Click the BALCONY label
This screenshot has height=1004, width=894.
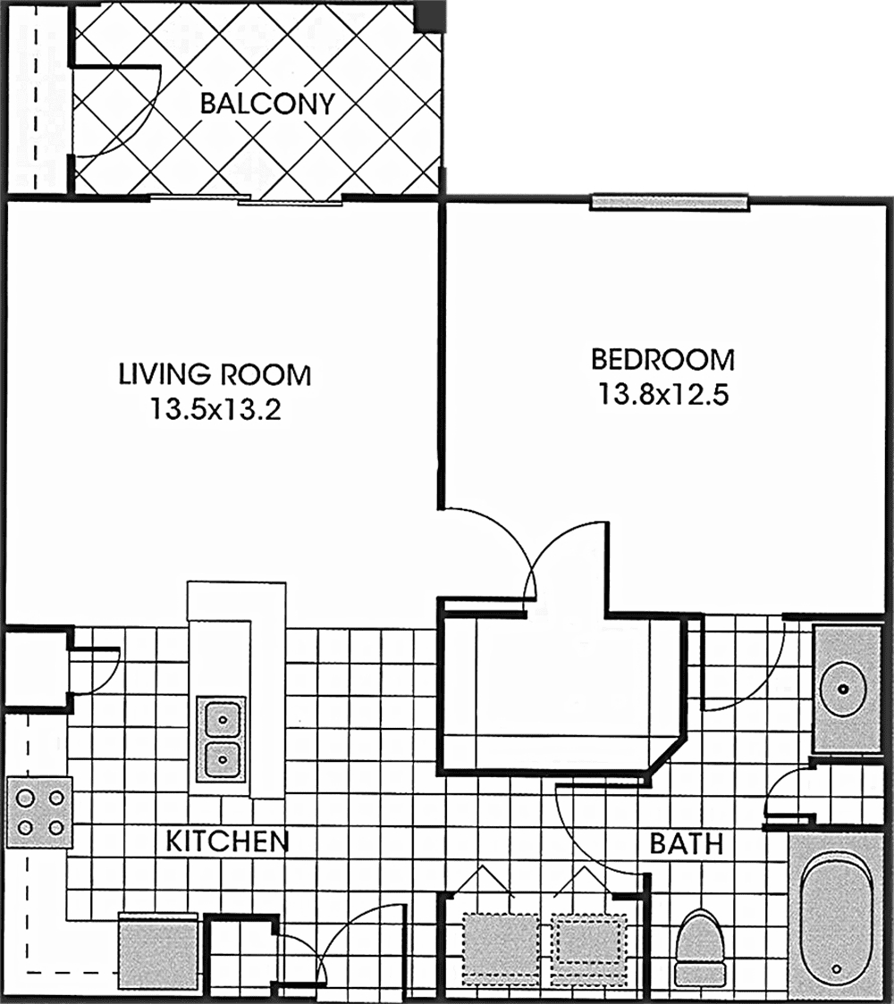(x=267, y=103)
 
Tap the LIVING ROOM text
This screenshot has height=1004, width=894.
(x=215, y=374)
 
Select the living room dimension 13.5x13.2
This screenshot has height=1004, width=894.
(x=215, y=408)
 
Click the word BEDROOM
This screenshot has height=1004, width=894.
(x=662, y=359)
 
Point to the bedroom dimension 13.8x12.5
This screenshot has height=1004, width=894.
(x=662, y=394)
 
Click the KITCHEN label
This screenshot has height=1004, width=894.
(x=227, y=841)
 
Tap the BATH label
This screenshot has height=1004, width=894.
(x=687, y=844)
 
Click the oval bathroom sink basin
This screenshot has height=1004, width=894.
(x=843, y=689)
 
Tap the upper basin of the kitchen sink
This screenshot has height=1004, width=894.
(x=223, y=719)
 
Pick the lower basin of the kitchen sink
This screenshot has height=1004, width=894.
(x=223, y=759)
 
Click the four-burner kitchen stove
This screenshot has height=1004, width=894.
(x=39, y=813)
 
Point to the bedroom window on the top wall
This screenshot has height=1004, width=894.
(x=669, y=203)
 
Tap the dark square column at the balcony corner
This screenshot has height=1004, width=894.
(x=428, y=15)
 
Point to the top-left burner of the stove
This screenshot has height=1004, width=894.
(x=25, y=798)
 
